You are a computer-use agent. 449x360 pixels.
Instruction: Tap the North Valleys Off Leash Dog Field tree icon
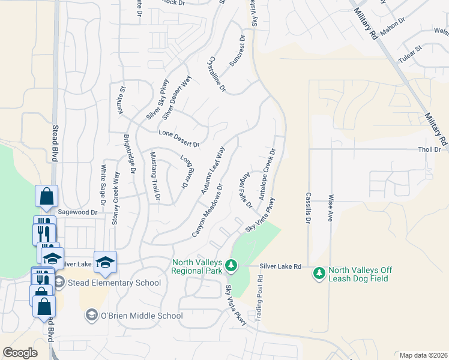click(x=319, y=274)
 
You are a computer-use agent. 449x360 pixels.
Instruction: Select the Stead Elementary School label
click(x=114, y=283)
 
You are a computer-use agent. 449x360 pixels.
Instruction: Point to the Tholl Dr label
click(x=429, y=149)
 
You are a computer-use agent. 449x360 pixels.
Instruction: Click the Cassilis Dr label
click(x=308, y=207)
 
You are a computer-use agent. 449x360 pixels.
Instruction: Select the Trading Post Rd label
click(x=260, y=297)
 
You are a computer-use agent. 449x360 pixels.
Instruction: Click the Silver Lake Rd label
click(x=280, y=266)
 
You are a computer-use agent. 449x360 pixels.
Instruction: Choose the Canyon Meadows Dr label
click(x=207, y=210)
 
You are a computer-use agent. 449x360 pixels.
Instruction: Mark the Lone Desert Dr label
click(x=178, y=139)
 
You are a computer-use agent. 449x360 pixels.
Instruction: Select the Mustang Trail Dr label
click(x=154, y=176)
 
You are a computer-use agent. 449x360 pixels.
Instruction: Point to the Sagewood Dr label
click(x=77, y=212)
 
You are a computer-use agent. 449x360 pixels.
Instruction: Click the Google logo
click(x=20, y=353)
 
